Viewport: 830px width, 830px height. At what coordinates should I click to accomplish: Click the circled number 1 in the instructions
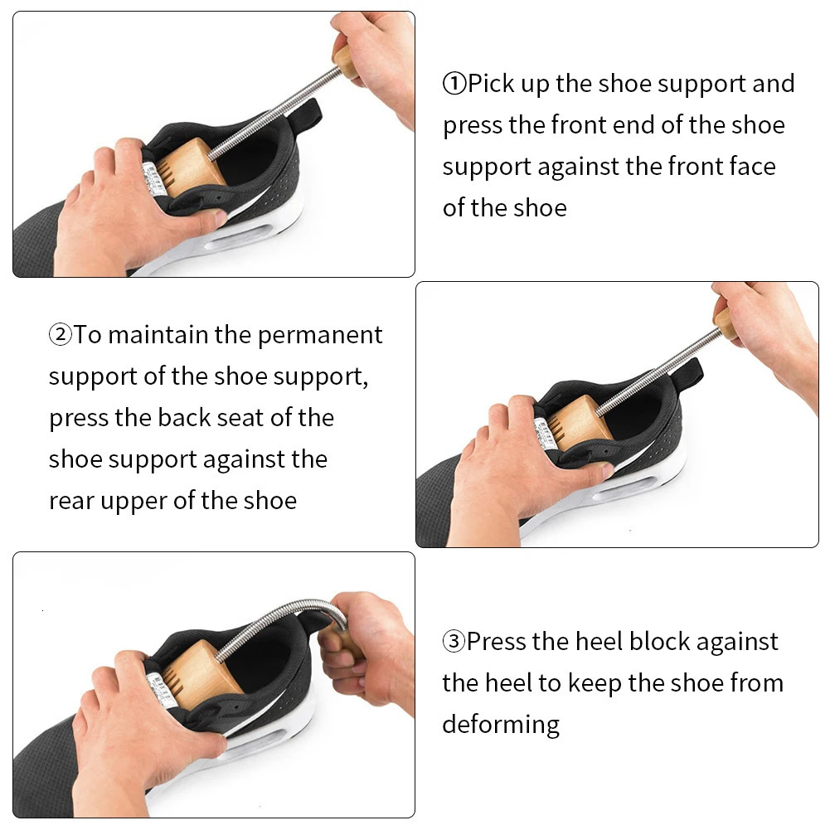[454, 84]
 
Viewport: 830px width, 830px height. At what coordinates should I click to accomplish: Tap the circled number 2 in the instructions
[61, 335]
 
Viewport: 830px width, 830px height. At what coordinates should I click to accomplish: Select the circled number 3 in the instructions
[454, 642]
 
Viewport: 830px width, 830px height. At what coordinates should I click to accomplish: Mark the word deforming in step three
[501, 725]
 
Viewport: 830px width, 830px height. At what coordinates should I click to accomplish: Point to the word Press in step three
[499, 642]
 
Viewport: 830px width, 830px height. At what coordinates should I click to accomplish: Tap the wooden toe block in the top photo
[190, 167]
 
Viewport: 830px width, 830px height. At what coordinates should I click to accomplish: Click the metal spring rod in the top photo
[274, 112]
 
